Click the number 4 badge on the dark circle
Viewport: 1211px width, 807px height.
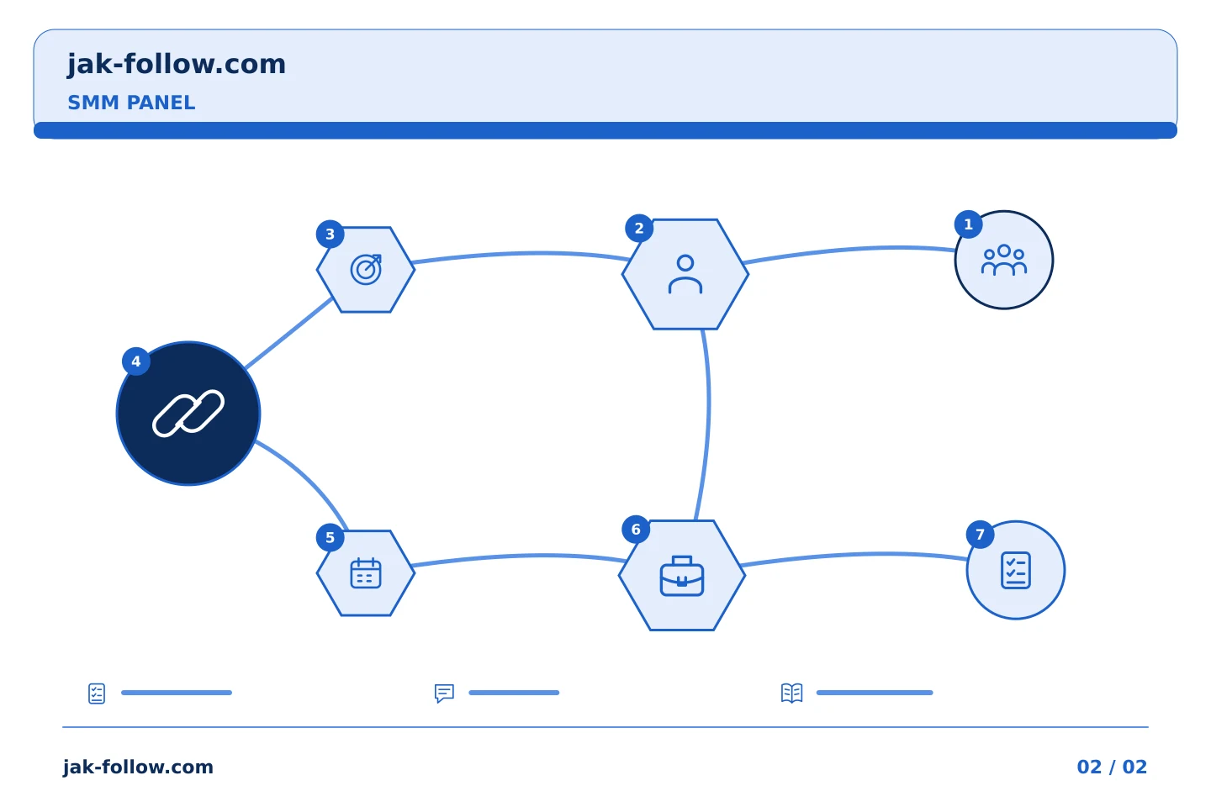[135, 361]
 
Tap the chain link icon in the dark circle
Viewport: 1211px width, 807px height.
[188, 413]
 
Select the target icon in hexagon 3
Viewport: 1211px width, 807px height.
[366, 269]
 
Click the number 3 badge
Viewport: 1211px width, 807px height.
[330, 235]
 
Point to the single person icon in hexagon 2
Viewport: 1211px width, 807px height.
[685, 274]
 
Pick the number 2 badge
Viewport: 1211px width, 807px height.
[639, 229]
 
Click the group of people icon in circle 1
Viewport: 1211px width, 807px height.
[1004, 260]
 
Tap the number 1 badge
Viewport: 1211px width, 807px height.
[968, 224]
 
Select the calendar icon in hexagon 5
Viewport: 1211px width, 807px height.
[366, 572]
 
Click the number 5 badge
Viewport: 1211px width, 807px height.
[330, 538]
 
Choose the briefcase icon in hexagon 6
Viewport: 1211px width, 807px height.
[682, 576]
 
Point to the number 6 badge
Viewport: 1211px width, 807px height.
[636, 530]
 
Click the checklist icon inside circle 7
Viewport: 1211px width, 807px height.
[1016, 570]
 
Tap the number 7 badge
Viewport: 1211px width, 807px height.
[981, 535]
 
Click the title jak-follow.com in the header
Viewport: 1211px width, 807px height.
[177, 65]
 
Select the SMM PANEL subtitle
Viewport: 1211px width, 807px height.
[131, 103]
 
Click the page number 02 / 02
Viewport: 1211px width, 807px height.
[1112, 767]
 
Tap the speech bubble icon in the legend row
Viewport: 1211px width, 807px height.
[444, 693]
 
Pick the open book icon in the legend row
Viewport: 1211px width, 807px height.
[792, 693]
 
